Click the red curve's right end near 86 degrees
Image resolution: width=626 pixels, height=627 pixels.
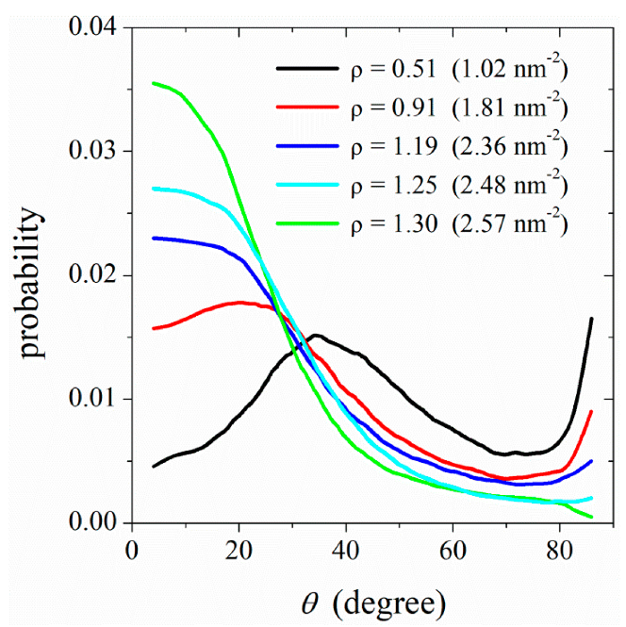pos(591,411)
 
